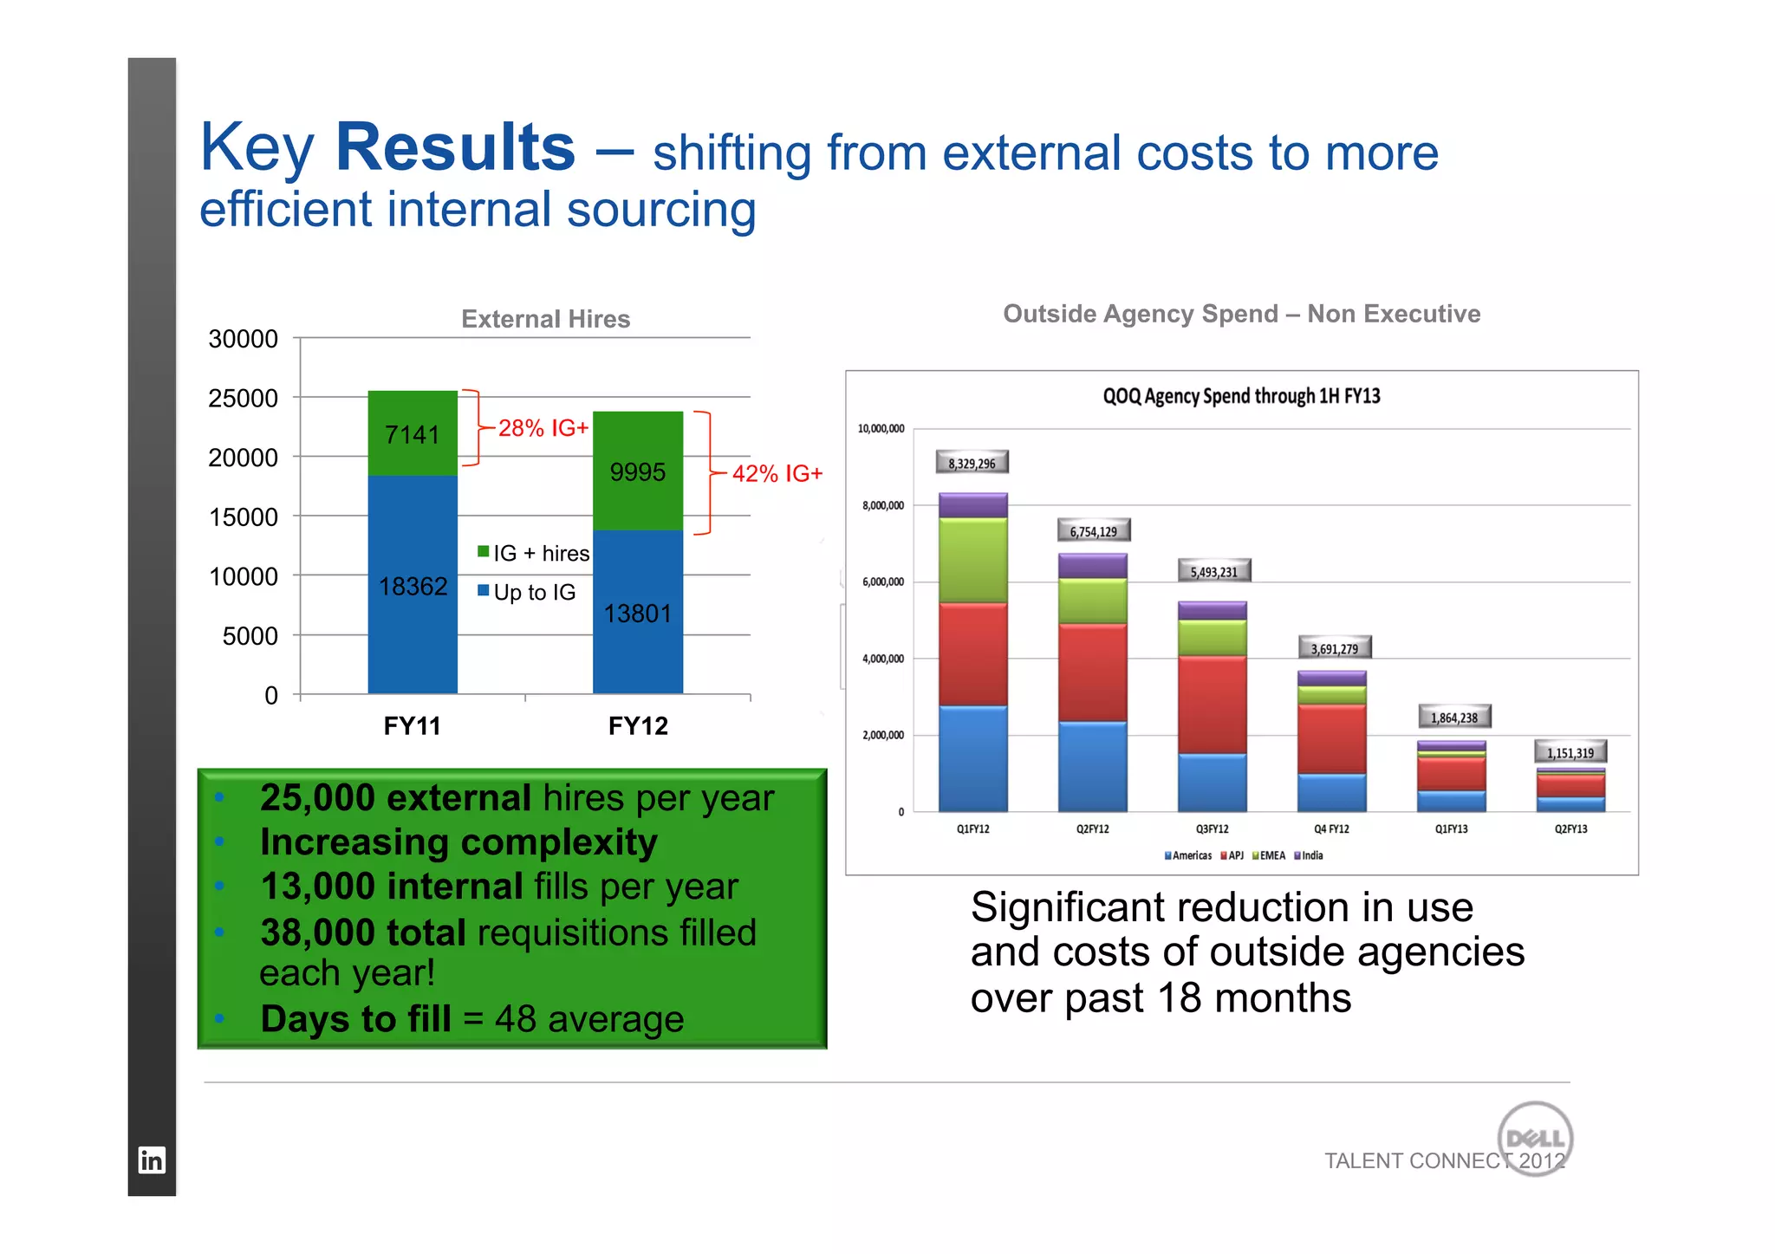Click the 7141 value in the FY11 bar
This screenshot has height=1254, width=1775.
point(413,434)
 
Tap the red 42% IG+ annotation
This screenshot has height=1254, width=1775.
point(777,473)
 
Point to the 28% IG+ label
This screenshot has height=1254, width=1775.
point(543,428)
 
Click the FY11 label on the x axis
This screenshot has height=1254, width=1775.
point(413,726)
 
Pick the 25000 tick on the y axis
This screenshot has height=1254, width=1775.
point(244,399)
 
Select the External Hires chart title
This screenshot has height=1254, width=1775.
point(545,319)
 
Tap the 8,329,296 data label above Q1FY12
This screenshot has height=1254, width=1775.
point(972,463)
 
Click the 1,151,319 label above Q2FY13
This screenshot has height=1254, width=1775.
point(1570,752)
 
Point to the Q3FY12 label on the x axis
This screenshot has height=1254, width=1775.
point(1212,829)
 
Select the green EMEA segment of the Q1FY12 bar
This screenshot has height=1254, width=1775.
point(972,560)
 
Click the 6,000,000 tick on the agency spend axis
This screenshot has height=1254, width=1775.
point(882,582)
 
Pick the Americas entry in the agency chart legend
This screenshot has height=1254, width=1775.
point(1188,855)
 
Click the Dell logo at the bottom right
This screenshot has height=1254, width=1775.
point(1535,1138)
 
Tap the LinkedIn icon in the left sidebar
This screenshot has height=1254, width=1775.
point(152,1160)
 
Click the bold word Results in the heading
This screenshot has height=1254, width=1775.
point(455,147)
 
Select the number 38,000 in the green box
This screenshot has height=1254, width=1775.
point(317,932)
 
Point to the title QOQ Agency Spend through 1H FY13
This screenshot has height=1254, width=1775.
point(1241,396)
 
